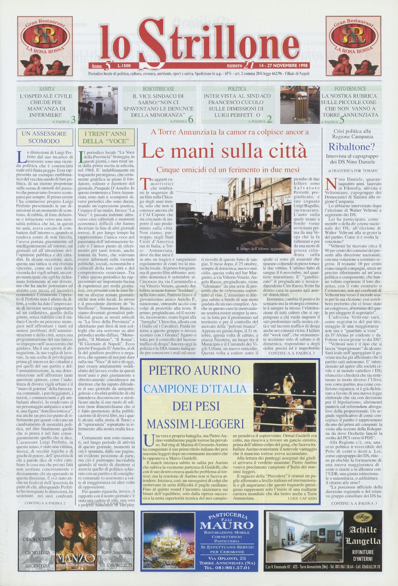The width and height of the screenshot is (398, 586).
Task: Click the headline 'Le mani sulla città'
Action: click(x=224, y=151)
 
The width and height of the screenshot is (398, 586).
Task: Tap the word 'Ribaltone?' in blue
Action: click(x=352, y=147)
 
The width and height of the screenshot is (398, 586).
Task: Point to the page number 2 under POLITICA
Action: click(x=269, y=120)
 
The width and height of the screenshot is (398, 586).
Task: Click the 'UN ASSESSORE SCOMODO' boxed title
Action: click(x=44, y=137)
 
